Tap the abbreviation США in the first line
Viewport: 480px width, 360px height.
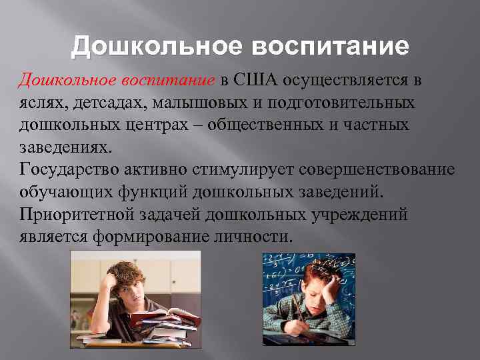pos(254,81)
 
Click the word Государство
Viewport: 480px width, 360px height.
pos(63,169)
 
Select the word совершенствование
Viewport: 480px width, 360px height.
pos(377,169)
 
